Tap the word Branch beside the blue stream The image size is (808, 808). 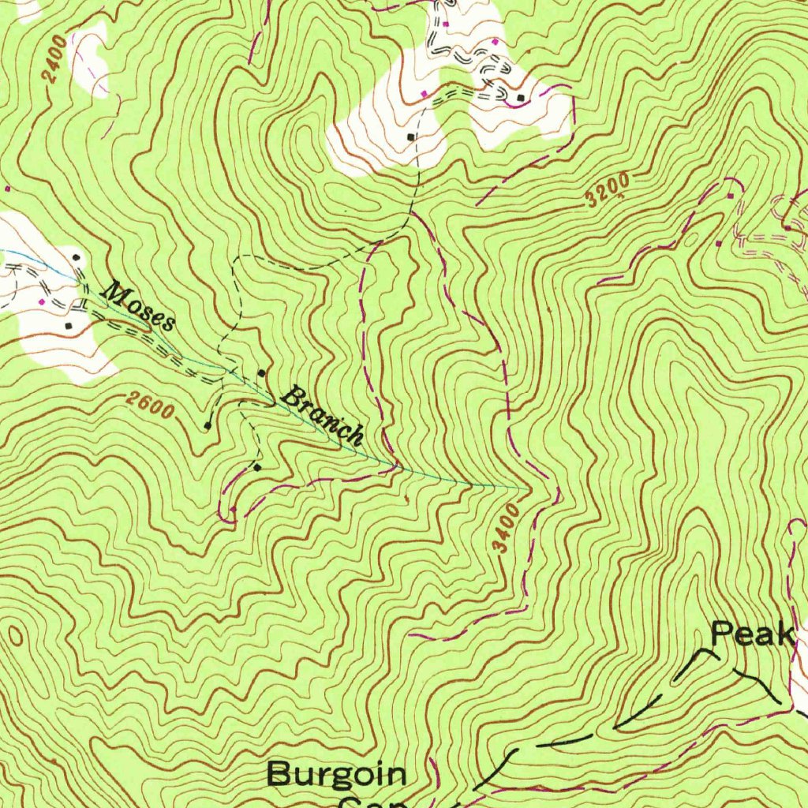coord(324,414)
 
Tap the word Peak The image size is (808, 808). coord(751,634)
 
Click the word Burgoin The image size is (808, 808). coord(336,774)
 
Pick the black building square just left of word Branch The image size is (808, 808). coord(262,372)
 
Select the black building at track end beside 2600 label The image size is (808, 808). coord(208,426)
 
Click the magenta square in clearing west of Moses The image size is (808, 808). coord(42,302)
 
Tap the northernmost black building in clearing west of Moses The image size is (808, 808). coord(76,257)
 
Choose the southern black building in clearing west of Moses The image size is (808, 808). coord(68,324)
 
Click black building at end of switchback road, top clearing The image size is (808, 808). coord(521,98)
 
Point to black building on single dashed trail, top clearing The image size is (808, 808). coord(410,137)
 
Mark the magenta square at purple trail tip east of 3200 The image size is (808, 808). coord(731,195)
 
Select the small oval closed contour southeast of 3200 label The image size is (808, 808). coord(692,235)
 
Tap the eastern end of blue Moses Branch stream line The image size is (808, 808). coord(525,488)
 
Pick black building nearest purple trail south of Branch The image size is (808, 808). coord(257,467)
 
